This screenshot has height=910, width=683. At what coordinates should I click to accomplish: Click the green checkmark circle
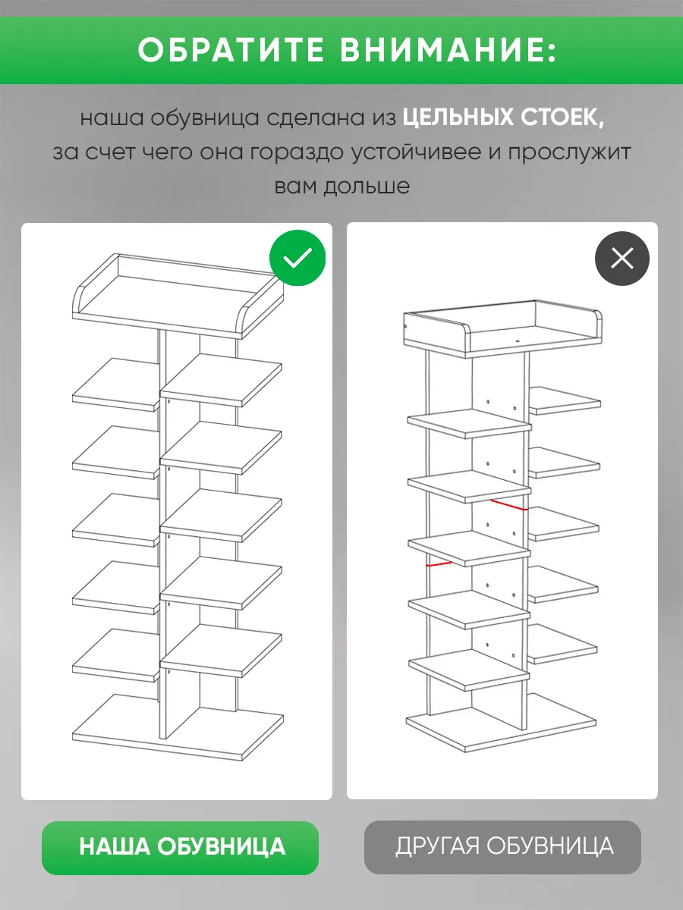tap(297, 258)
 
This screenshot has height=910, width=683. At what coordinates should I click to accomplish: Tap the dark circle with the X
tap(622, 259)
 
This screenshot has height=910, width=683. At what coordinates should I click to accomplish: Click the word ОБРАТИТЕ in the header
tap(231, 50)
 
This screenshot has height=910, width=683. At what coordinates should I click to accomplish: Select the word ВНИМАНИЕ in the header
tap(448, 50)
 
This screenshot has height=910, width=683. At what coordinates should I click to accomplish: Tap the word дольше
tap(367, 186)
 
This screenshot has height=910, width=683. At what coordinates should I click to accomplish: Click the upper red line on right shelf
tap(510, 505)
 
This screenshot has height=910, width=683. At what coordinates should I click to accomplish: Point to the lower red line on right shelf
tap(439, 564)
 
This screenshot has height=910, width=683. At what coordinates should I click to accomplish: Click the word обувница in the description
tap(204, 118)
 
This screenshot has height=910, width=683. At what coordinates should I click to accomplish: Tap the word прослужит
tap(569, 153)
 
